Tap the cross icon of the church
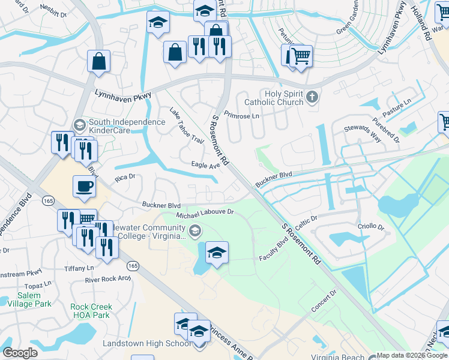(x=312, y=97)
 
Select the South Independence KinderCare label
(x=127, y=126)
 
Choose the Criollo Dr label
(x=372, y=227)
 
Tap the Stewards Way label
(x=363, y=133)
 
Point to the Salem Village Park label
(x=25, y=299)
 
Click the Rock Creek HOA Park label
(x=91, y=311)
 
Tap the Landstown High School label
(x=147, y=344)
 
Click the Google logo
(x=20, y=353)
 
